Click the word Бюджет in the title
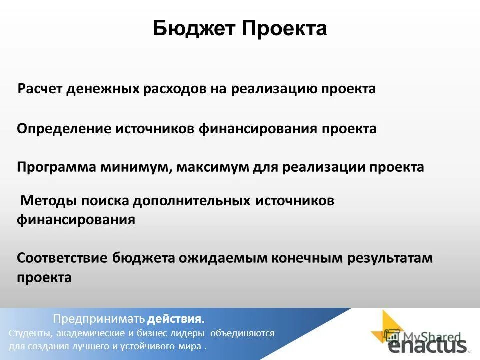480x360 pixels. (x=194, y=29)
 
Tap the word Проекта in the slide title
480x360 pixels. (x=284, y=29)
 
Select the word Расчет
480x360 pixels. (x=43, y=89)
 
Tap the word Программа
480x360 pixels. (x=58, y=167)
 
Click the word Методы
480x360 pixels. (x=48, y=201)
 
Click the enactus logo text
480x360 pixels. (x=427, y=345)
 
